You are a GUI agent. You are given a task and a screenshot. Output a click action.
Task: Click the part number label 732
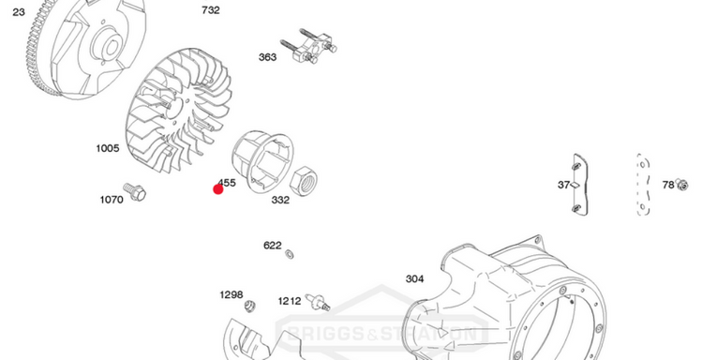pos(211,10)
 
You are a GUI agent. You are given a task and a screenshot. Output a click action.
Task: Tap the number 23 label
pos(19,12)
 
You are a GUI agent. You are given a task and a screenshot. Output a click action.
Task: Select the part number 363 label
pos(268,57)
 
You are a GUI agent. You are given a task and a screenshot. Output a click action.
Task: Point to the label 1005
pos(107,148)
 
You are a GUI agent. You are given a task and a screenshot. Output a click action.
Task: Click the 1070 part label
pos(112,200)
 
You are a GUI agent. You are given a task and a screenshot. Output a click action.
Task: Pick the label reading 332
pos(280,200)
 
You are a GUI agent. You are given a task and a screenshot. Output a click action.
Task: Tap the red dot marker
pos(218,189)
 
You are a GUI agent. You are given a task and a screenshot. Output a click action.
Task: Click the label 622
pos(272,246)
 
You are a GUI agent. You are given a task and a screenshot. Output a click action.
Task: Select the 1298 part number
pos(232,294)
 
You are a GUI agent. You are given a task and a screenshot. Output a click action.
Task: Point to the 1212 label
pos(289,301)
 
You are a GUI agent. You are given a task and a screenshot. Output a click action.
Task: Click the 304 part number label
pos(414,278)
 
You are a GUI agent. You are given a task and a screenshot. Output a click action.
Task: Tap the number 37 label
pos(563,185)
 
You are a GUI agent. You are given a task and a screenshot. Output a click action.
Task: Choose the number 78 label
pos(667,185)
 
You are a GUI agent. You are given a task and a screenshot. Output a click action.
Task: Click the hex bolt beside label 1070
pos(136,192)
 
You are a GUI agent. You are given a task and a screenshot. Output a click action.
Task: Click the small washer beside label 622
pos(290,253)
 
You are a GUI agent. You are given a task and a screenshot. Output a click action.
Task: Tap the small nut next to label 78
pos(681,185)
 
